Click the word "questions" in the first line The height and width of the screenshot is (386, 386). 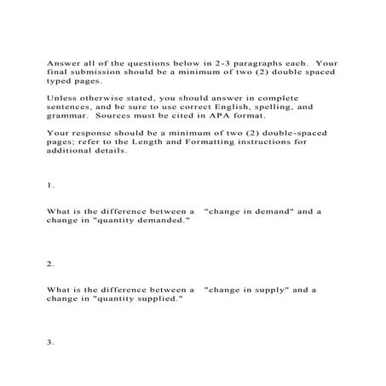pos(144,62)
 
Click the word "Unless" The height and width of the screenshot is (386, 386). pos(60,98)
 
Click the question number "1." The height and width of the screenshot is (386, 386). pos(50,185)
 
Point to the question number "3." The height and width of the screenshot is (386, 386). pos(51,342)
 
